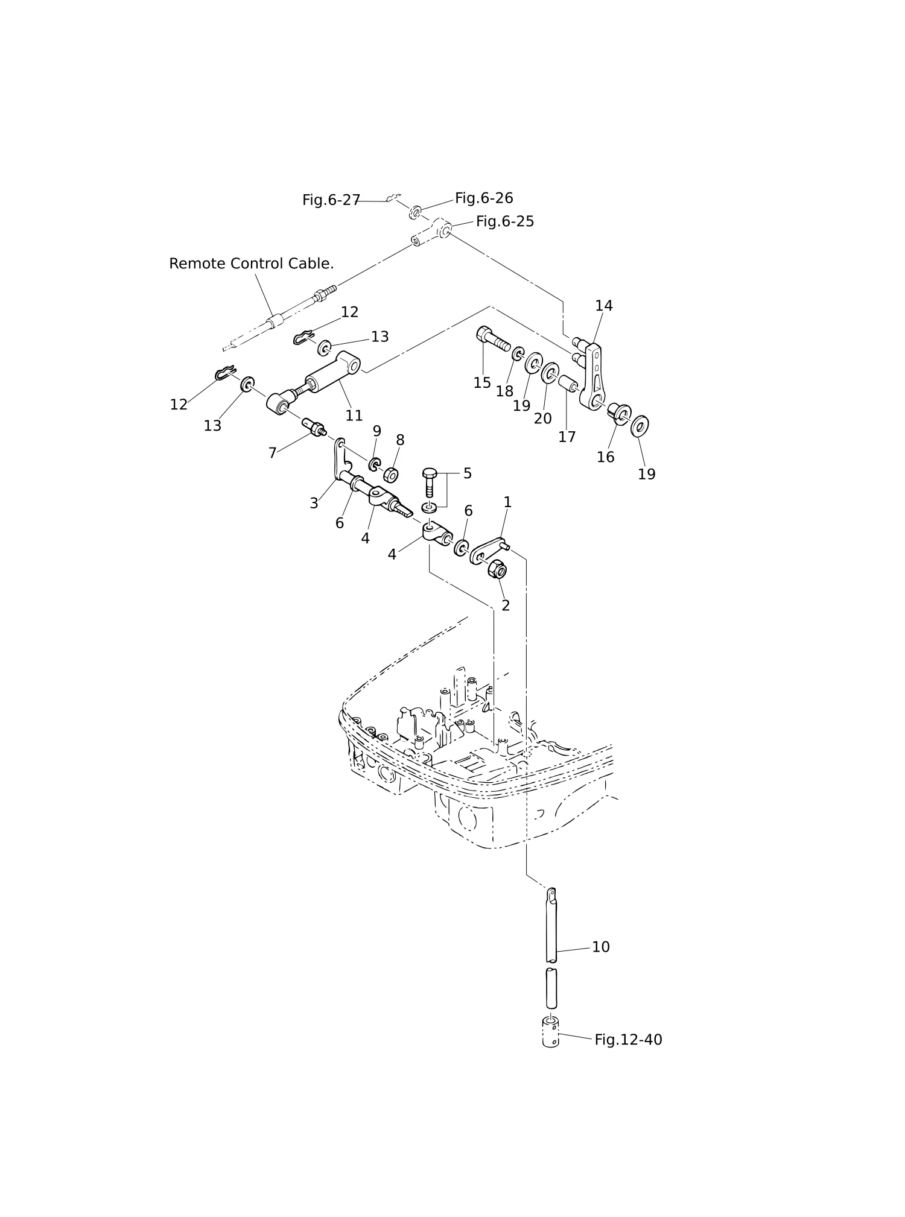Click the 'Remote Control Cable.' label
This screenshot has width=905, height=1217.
[x=251, y=264]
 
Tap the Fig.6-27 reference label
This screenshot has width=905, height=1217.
[x=331, y=200]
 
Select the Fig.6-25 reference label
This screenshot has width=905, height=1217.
[x=505, y=221]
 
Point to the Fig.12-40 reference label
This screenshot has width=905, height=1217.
[x=628, y=1040]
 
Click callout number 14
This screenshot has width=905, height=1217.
[x=604, y=306]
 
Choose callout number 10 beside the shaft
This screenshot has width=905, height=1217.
[x=601, y=947]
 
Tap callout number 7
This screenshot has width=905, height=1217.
[x=273, y=453]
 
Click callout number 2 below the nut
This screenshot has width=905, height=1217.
[x=506, y=605]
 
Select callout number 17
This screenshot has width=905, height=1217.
[x=567, y=437]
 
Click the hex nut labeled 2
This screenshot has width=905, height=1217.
[x=497, y=568]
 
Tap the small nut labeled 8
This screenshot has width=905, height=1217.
[x=391, y=475]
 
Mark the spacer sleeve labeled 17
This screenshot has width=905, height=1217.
[x=568, y=384]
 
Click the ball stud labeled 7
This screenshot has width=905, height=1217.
[x=313, y=425]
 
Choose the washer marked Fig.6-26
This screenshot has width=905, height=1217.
[x=415, y=212]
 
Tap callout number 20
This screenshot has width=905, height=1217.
[x=542, y=418]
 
